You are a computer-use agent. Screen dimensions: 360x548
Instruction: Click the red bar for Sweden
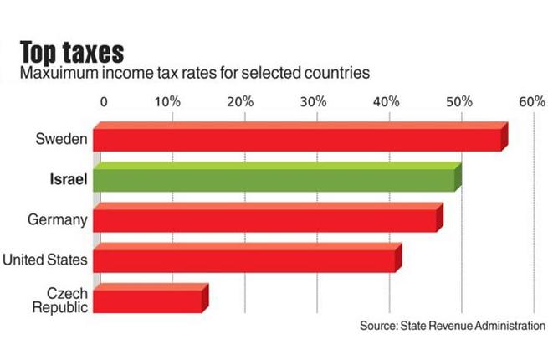[297, 138]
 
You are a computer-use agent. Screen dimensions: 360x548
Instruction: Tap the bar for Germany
[265, 219]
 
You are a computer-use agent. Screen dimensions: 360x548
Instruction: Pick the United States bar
[244, 260]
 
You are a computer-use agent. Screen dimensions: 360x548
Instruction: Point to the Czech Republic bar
[148, 300]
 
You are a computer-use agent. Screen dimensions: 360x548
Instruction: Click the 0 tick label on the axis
[104, 101]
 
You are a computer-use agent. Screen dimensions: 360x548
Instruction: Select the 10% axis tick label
[167, 101]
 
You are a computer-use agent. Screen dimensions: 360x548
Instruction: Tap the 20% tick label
[241, 101]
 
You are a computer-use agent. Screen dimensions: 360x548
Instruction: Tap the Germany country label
[57, 219]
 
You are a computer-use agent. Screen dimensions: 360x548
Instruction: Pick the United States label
[45, 260]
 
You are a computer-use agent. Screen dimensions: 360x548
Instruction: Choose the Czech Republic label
[59, 300]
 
